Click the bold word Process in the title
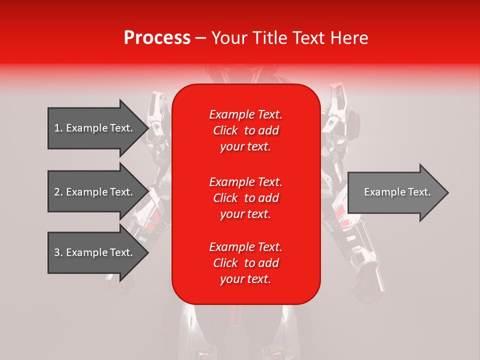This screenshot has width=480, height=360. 157,38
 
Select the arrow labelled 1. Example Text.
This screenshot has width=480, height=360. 95,128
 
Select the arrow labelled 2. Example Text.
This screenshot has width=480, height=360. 95,192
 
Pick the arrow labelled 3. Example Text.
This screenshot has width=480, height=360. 95,252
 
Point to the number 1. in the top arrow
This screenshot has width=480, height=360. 58,128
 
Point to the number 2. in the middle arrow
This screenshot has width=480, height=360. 58,192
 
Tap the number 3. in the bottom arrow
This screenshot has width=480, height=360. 58,252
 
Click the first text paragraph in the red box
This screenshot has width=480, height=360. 245,130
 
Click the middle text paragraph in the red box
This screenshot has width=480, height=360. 245,198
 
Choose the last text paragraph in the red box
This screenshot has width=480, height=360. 245,263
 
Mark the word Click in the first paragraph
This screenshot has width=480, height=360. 225,130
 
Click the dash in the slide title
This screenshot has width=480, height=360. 200,38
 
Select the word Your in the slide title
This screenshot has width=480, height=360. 230,38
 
